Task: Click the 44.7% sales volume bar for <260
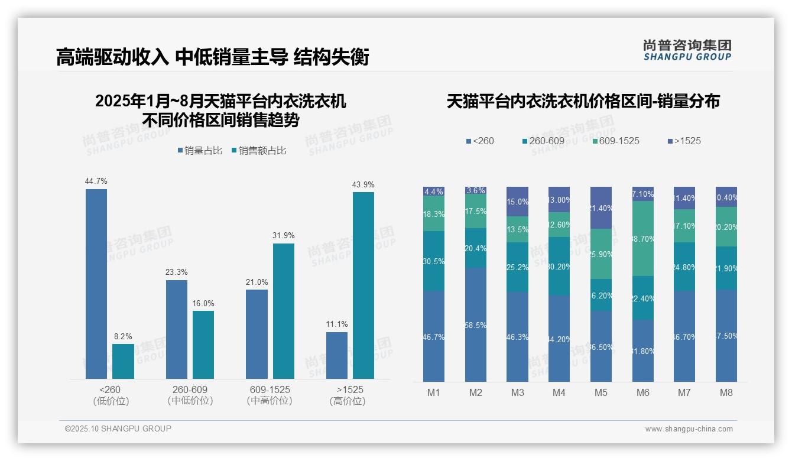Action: [x=96, y=284]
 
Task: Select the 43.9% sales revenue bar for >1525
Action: [x=363, y=285]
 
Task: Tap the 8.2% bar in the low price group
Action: [x=123, y=361]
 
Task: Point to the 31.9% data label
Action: [x=284, y=236]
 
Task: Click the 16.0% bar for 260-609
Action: [x=203, y=345]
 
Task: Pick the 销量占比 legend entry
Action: [x=200, y=151]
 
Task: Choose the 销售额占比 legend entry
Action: [x=262, y=151]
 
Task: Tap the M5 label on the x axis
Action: [x=601, y=392]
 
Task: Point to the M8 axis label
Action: [x=726, y=392]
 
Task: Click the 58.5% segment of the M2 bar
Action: [x=476, y=324]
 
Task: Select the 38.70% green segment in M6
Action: [x=643, y=239]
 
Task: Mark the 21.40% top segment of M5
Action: [x=601, y=208]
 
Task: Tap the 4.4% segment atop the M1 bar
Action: [x=434, y=191]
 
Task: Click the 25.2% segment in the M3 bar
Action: [x=518, y=267]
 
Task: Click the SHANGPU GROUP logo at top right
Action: [x=687, y=50]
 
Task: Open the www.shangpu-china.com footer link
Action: [x=689, y=429]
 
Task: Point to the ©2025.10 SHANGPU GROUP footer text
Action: [x=118, y=429]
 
